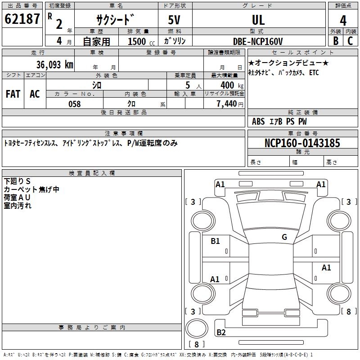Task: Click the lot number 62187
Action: pyautogui.click(x=22, y=20)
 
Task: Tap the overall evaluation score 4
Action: pyautogui.click(x=343, y=20)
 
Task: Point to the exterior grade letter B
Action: pyautogui.click(x=336, y=40)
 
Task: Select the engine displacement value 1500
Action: pyautogui.click(x=137, y=41)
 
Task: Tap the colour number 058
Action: pyautogui.click(x=74, y=104)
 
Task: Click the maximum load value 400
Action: pyautogui.click(x=227, y=85)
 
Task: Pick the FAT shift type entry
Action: pyautogui.click(x=13, y=94)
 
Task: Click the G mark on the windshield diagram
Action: pyautogui.click(x=284, y=237)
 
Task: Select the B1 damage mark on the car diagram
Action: pyautogui.click(x=216, y=241)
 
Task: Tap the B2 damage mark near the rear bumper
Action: pyautogui.click(x=221, y=333)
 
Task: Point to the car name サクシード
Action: pyautogui.click(x=115, y=20)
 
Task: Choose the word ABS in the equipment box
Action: pyautogui.click(x=258, y=121)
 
